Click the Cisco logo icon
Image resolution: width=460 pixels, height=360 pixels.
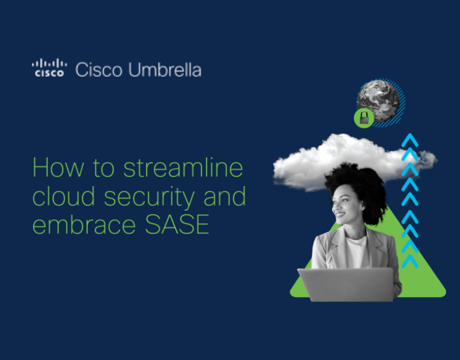[x=48, y=69]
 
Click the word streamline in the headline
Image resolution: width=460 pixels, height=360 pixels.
[x=183, y=167]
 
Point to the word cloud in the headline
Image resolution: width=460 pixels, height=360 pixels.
[x=60, y=196]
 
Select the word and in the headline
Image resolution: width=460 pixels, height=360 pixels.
[x=225, y=196]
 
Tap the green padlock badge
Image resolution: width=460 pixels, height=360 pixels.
[x=363, y=118]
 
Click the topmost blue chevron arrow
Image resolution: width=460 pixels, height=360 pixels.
[x=410, y=140]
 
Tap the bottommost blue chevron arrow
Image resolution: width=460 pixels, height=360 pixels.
[x=410, y=262]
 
